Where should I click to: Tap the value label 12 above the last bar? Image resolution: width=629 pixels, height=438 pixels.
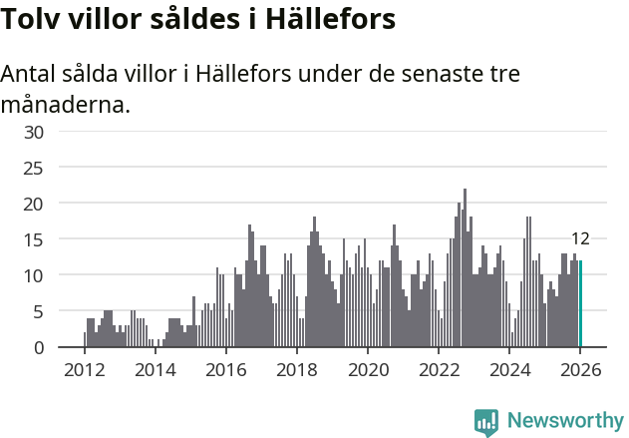coord(580,238)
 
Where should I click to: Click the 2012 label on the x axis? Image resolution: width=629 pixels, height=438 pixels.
coord(84,369)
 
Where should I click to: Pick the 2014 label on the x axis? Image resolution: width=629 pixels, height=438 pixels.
coord(155,369)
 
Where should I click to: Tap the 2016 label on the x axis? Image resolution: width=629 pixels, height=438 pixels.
coord(225,369)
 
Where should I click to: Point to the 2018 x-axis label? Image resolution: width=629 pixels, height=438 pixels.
coord(296,369)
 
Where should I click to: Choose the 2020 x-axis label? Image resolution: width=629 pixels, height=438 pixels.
coord(368,369)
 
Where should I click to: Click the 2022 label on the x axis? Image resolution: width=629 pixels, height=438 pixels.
coord(439,369)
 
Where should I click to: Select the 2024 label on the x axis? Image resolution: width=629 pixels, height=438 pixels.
coord(509,369)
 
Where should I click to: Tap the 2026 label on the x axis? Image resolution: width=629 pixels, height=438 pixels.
coord(580,369)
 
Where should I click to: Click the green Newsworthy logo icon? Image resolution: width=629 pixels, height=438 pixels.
coord(486,422)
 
